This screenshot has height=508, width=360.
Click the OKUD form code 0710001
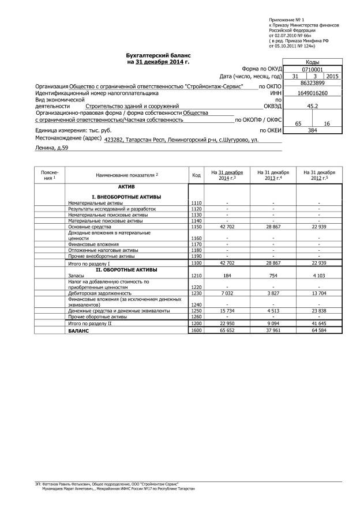pos(313,69)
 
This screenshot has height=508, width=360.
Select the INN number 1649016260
pos(313,93)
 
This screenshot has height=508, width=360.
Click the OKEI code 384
pos(313,131)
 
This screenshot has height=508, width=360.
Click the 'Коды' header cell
pos(313,62)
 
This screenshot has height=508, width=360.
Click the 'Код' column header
pos(196,175)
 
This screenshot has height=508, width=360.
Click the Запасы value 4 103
pos(319,276)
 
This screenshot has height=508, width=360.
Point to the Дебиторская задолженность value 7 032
pos(227,293)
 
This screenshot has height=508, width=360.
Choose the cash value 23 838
pos(319,310)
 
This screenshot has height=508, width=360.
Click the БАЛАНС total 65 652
pos(227,331)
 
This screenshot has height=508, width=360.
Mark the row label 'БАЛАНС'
pos(78,331)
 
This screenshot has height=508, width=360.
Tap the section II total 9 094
pos(273,324)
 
